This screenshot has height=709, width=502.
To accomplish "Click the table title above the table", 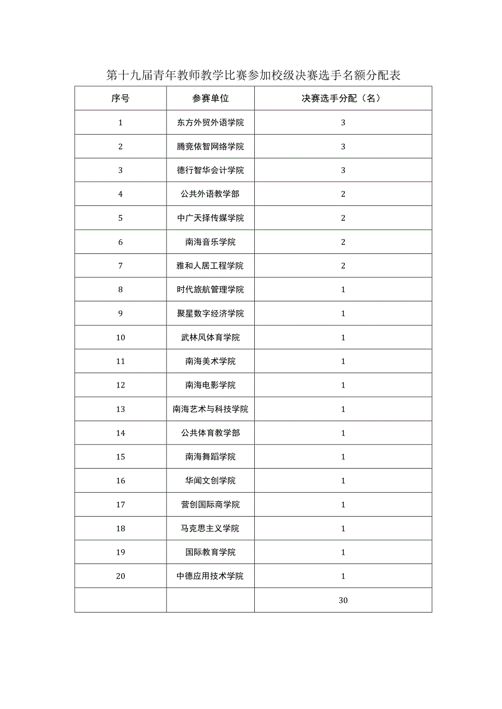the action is [x=254, y=75].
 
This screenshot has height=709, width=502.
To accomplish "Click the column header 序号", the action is [x=121, y=99].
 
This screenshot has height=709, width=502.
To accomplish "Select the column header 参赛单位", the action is [x=210, y=99].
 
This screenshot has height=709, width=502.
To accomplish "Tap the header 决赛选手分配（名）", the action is [x=343, y=99].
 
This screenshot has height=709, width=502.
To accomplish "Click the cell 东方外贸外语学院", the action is [x=210, y=123].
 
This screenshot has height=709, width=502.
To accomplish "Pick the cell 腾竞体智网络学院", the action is [x=210, y=147].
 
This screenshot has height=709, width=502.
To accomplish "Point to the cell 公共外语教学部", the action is [x=210, y=194].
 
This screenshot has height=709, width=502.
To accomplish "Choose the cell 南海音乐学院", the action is [x=210, y=242].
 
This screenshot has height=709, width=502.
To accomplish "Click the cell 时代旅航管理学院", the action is [x=210, y=289].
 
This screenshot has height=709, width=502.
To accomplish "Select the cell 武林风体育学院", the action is [x=210, y=337].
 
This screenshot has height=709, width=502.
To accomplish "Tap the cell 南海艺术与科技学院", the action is [x=210, y=409].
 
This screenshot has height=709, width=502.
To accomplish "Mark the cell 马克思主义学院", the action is [x=210, y=529].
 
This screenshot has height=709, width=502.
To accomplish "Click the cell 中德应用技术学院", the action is [x=210, y=576].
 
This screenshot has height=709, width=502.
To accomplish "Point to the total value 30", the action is [x=343, y=601].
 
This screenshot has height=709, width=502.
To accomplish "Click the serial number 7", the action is [x=121, y=266].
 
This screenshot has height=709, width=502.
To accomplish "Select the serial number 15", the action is [x=121, y=457].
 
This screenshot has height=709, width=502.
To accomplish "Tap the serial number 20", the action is [x=121, y=576].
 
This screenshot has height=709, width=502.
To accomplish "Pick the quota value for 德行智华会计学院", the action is [x=343, y=171].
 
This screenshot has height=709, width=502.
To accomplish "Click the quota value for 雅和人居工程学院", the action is [x=343, y=266].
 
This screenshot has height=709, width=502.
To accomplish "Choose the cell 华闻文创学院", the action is [x=210, y=481].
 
